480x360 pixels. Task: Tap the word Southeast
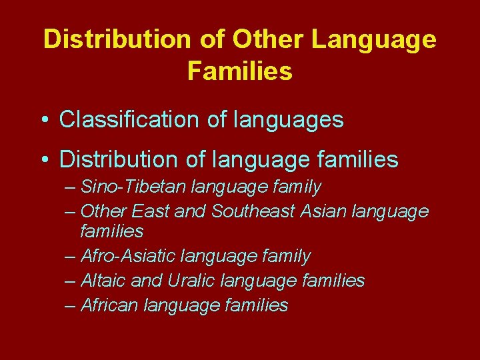(253, 211)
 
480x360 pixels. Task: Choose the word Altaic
(103, 281)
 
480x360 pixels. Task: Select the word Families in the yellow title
(240, 70)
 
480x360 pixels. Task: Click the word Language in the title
(374, 40)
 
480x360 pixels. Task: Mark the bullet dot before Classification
(44, 121)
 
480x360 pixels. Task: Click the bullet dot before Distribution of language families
(44, 160)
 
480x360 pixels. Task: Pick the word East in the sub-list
(150, 211)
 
